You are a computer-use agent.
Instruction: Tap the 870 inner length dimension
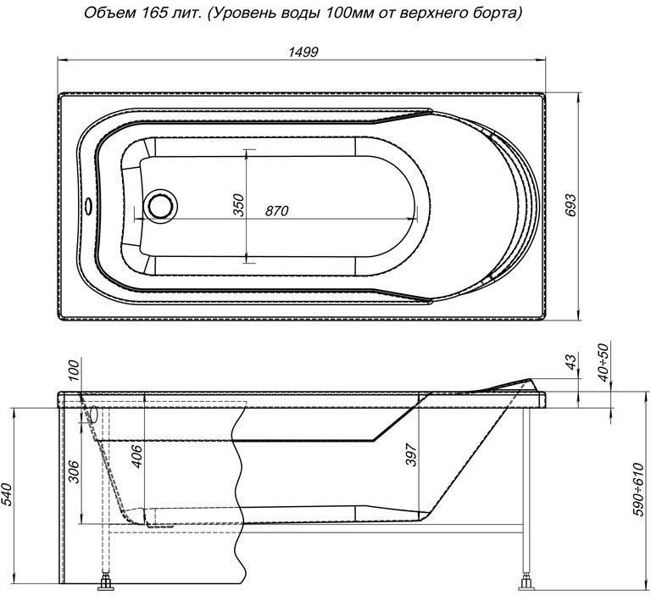(x=276, y=211)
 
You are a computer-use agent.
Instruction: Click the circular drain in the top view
(x=159, y=206)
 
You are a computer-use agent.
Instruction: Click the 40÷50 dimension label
(x=604, y=360)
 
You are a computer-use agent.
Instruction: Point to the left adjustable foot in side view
(x=107, y=583)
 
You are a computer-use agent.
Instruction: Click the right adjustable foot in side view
(x=527, y=583)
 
